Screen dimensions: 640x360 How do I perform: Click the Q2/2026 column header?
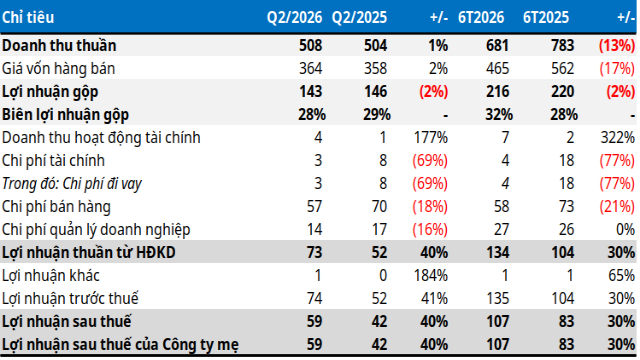click(294, 18)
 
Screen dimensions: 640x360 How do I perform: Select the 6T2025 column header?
click(546, 18)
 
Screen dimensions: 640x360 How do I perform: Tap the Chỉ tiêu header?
click(28, 18)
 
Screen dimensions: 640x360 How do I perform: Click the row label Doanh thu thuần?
click(59, 45)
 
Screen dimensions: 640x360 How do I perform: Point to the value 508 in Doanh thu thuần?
click(310, 45)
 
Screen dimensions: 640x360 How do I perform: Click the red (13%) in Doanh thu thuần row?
click(617, 45)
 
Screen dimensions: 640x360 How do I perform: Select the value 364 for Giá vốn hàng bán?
click(310, 69)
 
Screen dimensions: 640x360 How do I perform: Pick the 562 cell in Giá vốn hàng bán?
click(562, 69)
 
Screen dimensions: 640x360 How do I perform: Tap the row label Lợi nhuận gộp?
click(50, 92)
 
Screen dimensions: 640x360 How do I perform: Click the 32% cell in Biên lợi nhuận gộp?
click(499, 115)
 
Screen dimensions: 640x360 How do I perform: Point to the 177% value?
click(431, 138)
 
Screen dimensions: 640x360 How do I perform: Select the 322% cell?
click(618, 138)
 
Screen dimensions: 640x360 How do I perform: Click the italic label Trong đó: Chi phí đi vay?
click(72, 184)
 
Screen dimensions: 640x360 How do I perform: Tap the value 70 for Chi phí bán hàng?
click(379, 207)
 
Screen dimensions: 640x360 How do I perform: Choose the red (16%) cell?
click(430, 229)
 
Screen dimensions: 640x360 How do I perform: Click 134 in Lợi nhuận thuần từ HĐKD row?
click(497, 253)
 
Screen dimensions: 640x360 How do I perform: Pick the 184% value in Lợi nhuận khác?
click(431, 276)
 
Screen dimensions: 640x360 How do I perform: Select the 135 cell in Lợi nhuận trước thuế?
click(497, 298)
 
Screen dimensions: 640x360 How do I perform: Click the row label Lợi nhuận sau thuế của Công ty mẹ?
click(120, 345)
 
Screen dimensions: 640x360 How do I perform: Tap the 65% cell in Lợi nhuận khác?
click(621, 276)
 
